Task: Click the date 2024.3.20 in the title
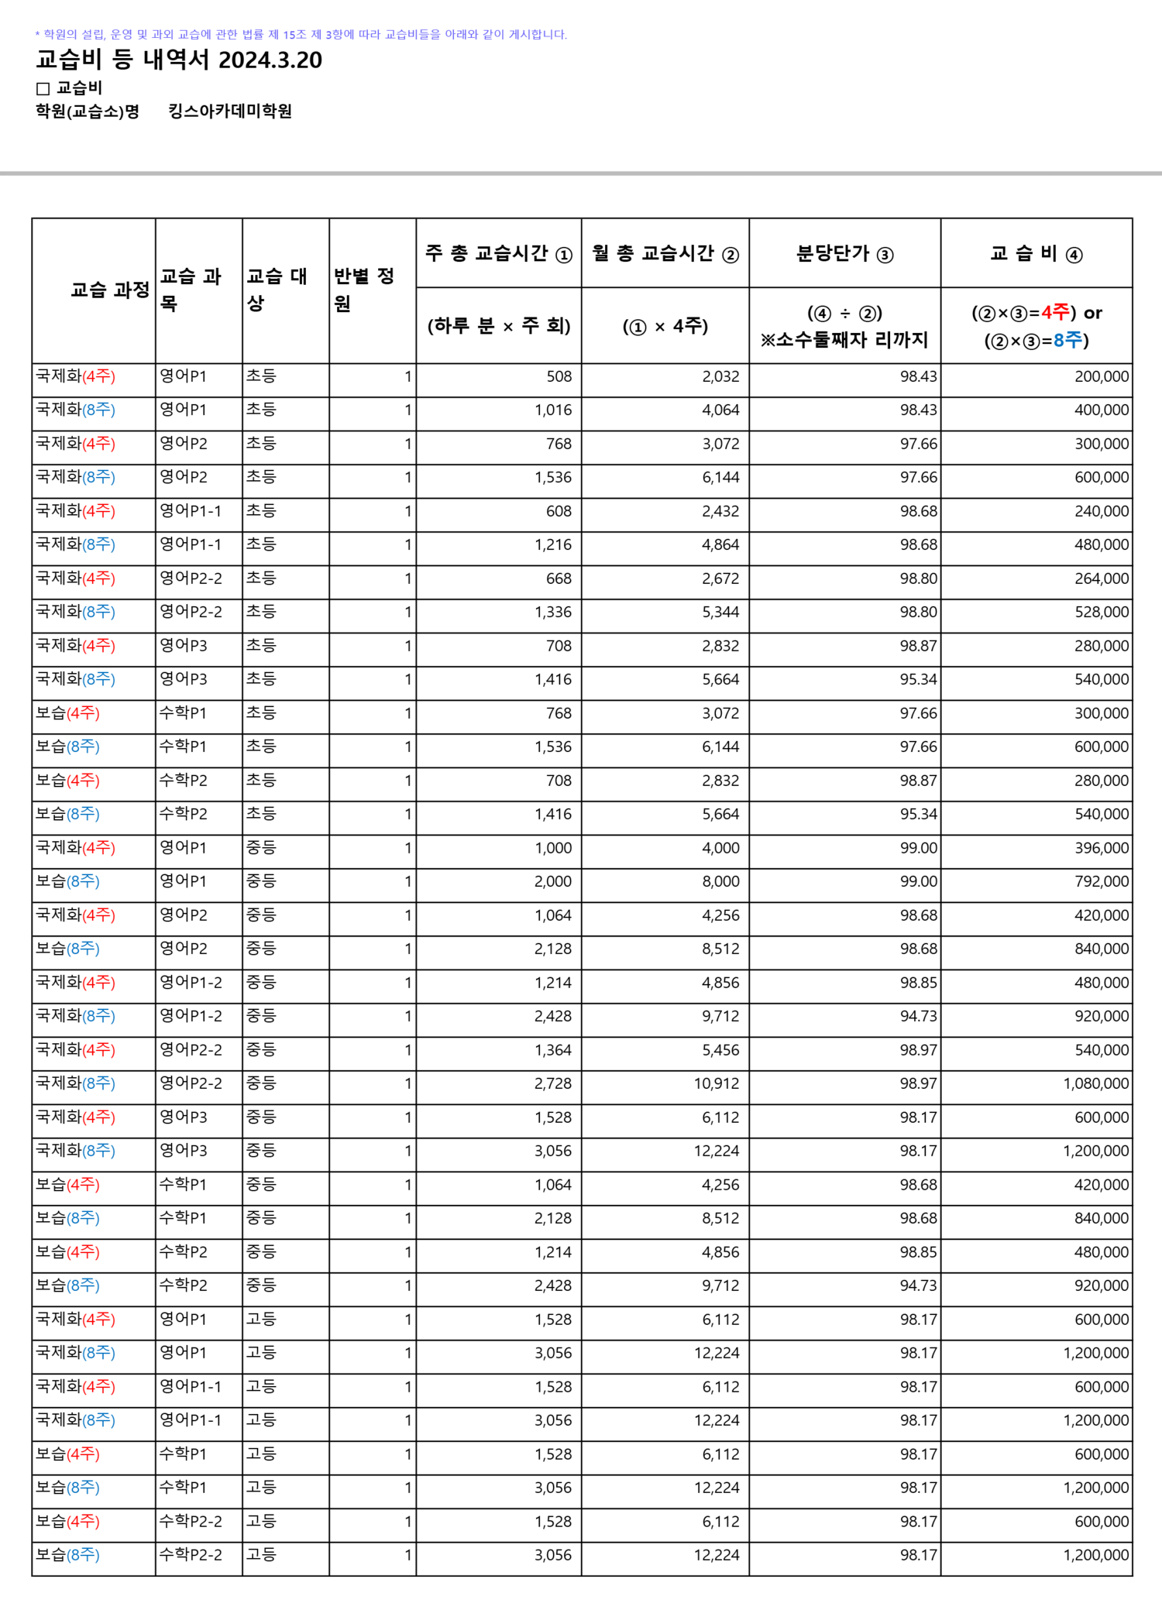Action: tap(270, 60)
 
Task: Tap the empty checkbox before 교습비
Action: tap(43, 89)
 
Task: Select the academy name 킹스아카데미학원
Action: tap(230, 112)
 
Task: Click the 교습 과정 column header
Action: tap(109, 290)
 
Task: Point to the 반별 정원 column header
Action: tap(364, 290)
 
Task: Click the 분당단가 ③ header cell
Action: tap(844, 254)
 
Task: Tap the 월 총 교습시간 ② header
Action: tap(665, 254)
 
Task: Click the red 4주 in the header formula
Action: tap(1055, 313)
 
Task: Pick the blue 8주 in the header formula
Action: tap(1067, 340)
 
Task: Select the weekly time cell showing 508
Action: tap(559, 377)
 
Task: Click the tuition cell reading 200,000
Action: tap(1101, 377)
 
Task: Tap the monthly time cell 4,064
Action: tap(720, 410)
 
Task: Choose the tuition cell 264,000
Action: tap(1101, 578)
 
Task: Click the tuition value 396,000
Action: tap(1101, 848)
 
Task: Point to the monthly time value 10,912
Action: tap(716, 1083)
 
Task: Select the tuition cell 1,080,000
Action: tap(1095, 1083)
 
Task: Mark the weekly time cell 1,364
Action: tap(552, 1050)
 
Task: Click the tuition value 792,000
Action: tap(1101, 881)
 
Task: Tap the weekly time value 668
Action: tap(559, 578)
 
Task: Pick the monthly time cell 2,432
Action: tap(720, 511)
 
